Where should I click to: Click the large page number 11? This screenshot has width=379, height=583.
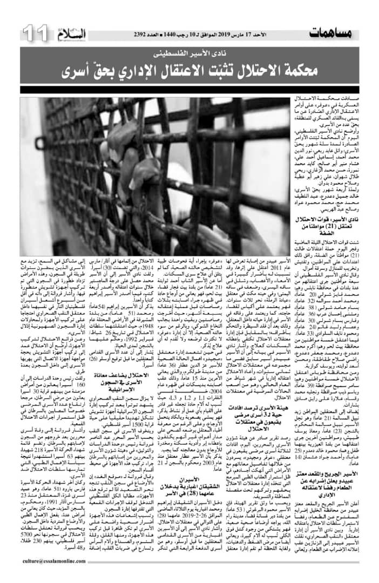pos(35,33)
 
